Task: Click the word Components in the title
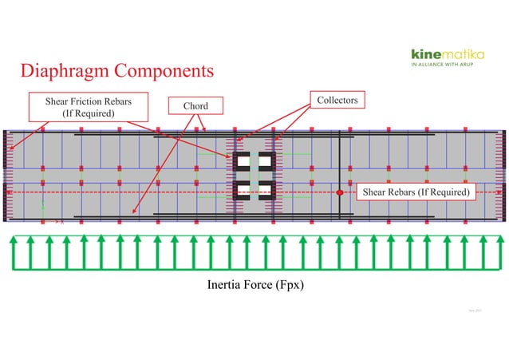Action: coord(165,71)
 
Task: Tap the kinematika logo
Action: coord(447,53)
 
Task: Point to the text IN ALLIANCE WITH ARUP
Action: coord(447,65)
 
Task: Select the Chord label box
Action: coord(195,106)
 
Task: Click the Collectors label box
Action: coord(337,100)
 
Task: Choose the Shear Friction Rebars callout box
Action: coord(89,107)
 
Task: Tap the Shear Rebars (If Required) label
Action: coord(416,192)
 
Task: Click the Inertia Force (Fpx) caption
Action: coord(254,285)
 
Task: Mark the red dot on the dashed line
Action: coord(339,192)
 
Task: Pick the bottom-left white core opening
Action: coord(242,190)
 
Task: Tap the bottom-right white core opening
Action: coord(266,190)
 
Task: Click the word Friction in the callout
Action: coord(87,101)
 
